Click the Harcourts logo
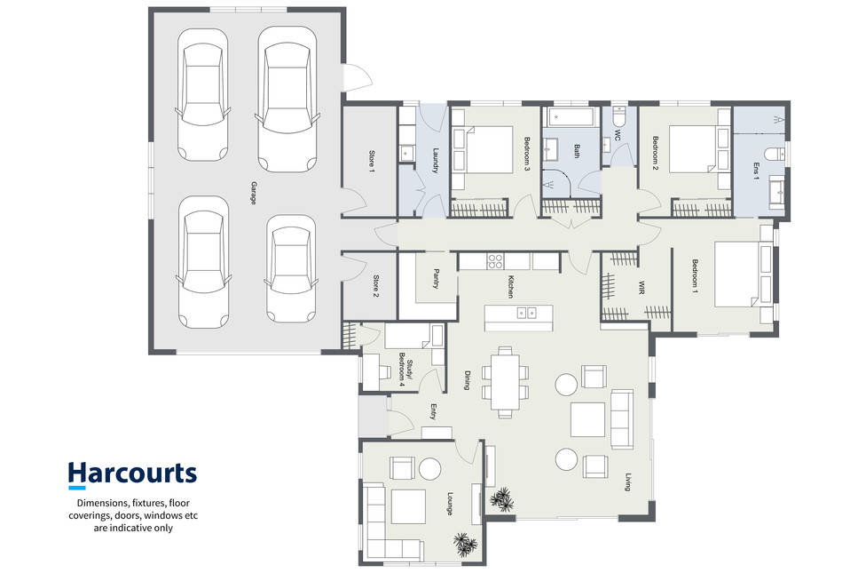132,474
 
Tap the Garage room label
254,193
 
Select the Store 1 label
372,163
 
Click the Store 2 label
376,286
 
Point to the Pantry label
437,278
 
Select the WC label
618,135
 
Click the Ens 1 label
756,171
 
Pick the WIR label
642,288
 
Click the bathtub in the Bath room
571,116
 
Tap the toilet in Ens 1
775,154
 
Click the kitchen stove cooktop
495,261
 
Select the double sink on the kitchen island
526,313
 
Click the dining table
505,382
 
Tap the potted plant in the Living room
502,499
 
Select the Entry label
433,411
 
